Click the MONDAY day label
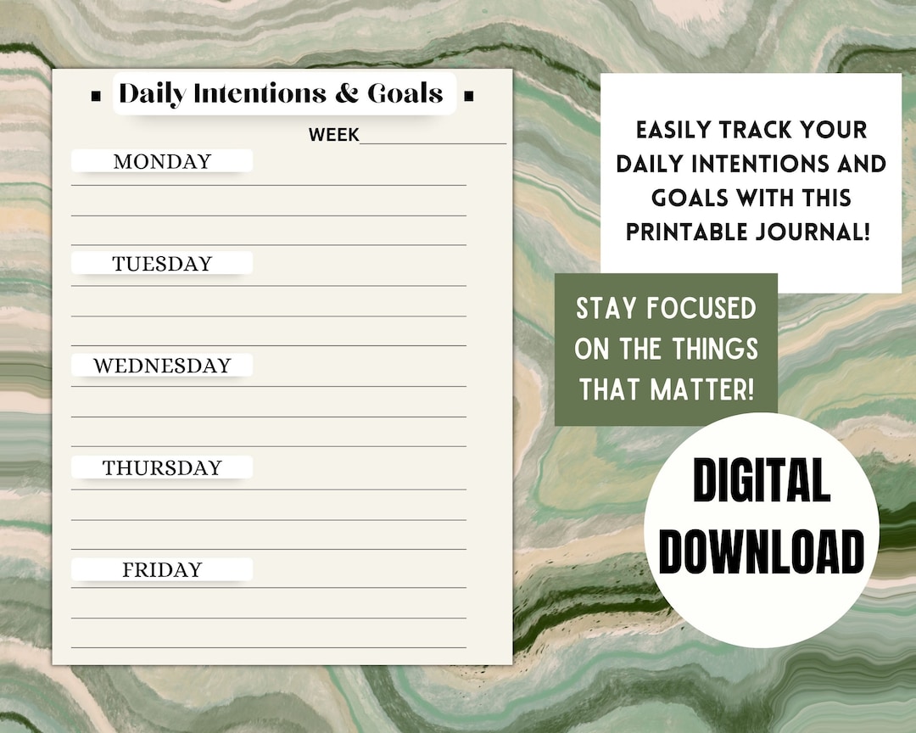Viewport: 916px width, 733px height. (162, 161)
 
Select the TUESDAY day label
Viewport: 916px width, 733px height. (162, 264)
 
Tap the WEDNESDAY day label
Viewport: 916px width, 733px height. (162, 366)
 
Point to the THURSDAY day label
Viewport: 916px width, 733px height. (162, 467)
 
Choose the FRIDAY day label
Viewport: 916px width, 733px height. (162, 569)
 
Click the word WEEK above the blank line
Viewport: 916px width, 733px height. (333, 135)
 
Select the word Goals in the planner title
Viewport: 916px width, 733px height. (405, 94)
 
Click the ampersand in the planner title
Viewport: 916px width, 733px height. (347, 94)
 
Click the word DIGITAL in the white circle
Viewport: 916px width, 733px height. (761, 482)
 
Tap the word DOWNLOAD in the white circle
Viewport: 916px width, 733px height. (761, 551)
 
